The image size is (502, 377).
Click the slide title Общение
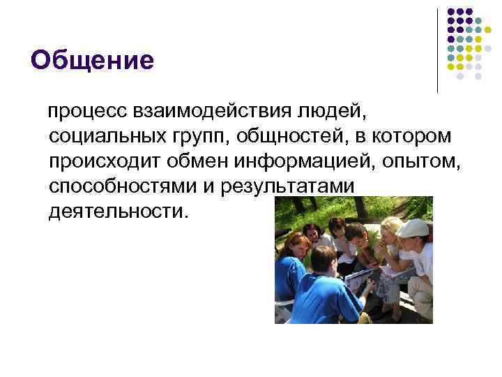[x=92, y=61]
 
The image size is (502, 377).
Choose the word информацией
[x=302, y=162]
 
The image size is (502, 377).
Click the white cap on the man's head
[x=413, y=228]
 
